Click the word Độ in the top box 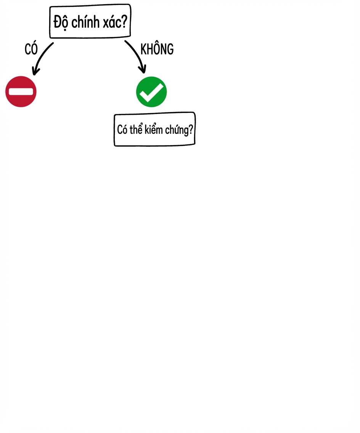[61, 22]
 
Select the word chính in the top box [85, 22]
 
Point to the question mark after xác [124, 21]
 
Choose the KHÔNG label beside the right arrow [157, 49]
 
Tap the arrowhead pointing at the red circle [35, 71]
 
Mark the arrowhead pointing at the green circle [143, 69]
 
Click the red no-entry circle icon [21, 92]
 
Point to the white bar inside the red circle [21, 92]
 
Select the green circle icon [151, 92]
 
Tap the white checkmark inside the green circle [151, 93]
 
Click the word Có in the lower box [122, 130]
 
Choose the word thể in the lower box [136, 129]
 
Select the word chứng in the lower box [177, 130]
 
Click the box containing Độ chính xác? [90, 21]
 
